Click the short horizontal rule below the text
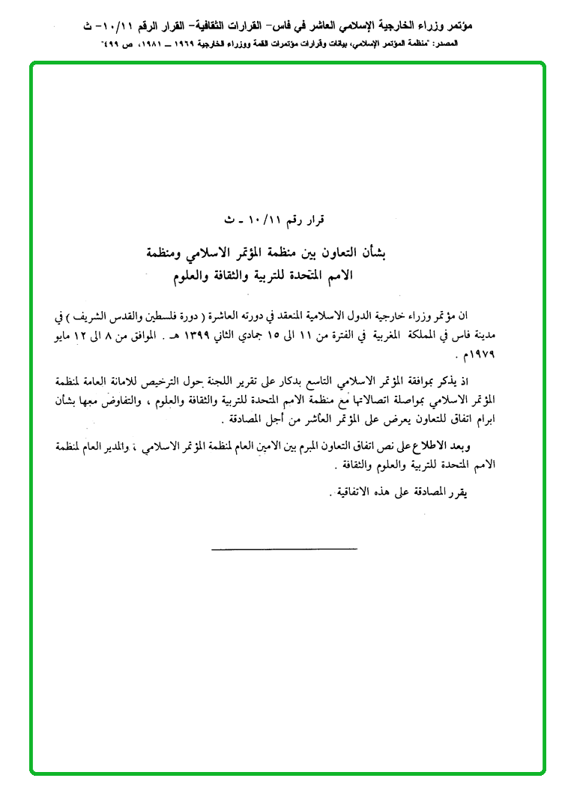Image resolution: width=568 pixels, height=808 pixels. (284, 551)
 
